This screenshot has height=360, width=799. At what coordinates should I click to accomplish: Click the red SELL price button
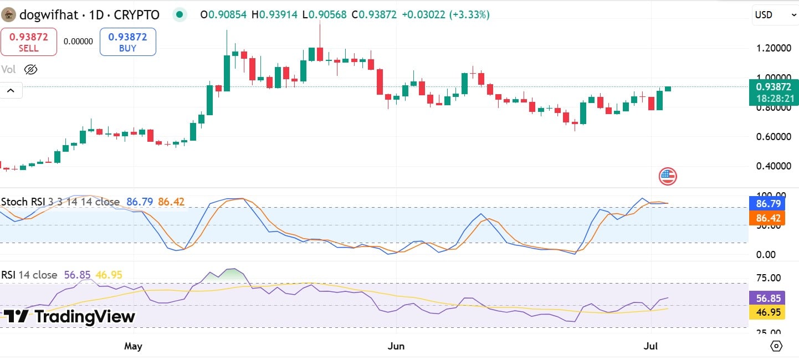(29, 42)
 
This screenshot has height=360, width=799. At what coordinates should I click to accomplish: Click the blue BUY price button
(128, 42)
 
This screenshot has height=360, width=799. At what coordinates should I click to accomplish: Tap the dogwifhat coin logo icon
(8, 15)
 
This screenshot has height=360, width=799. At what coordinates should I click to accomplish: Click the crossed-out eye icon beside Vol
(30, 69)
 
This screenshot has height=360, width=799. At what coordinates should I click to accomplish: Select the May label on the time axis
(133, 347)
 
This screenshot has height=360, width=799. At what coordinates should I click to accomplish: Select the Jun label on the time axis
(396, 347)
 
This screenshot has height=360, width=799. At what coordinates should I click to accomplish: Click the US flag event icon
(668, 177)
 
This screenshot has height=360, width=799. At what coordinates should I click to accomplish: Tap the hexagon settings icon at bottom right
(777, 346)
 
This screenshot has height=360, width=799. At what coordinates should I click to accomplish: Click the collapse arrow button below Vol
(11, 90)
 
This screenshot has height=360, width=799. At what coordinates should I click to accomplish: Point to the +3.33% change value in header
(470, 15)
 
